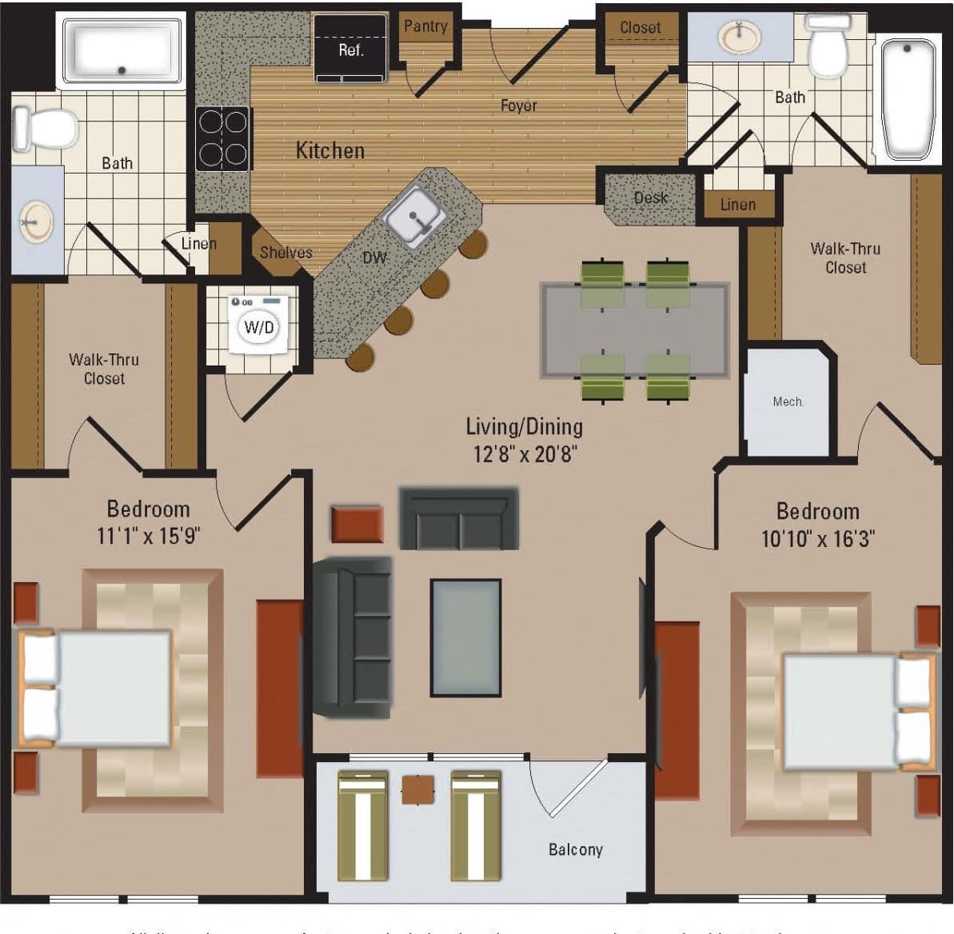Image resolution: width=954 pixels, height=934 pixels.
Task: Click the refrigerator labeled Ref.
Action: pos(350,49)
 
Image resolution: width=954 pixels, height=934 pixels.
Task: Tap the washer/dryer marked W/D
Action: pos(258,326)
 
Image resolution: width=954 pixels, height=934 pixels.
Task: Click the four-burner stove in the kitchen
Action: pos(222,139)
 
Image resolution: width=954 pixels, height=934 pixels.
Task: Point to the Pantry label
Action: pos(425,26)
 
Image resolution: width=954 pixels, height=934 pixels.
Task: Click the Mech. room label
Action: pos(788,401)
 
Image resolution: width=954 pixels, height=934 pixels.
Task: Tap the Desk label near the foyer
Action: pos(650,198)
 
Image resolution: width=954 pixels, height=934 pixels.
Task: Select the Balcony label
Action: pos(575,849)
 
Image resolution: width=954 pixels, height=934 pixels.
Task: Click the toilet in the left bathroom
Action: pos(44,129)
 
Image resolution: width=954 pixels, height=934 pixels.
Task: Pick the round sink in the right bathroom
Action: pos(739,37)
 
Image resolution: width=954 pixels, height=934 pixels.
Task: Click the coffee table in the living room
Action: pos(465,637)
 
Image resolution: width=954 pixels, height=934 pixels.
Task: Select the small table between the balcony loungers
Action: pos(418,789)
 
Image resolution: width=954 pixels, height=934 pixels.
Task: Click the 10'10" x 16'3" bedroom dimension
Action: pos(817,538)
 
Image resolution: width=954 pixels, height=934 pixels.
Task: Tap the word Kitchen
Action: pos(329,150)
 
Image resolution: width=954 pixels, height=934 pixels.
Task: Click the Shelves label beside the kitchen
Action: pos(285,253)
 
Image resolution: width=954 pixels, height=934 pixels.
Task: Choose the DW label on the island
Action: pos(374,257)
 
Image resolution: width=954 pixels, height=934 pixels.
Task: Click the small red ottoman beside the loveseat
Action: pos(357,524)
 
